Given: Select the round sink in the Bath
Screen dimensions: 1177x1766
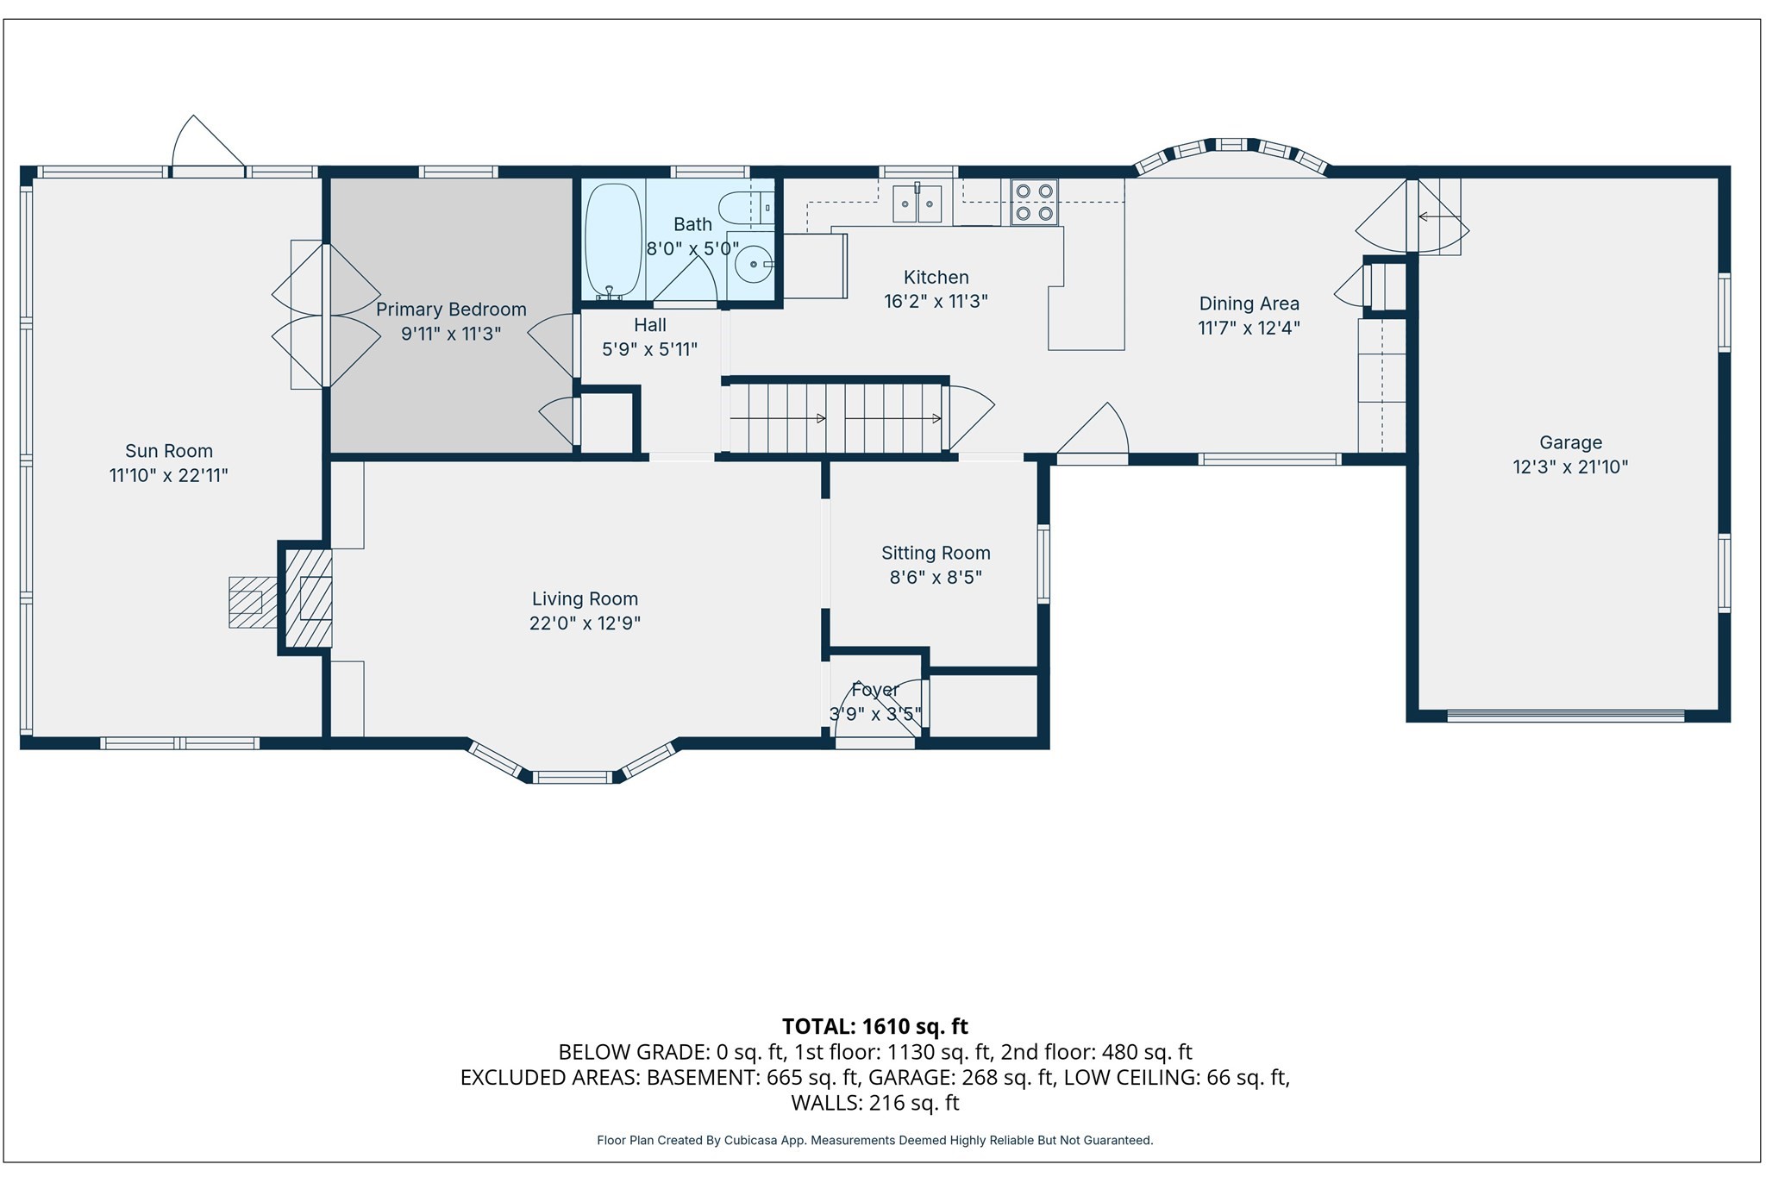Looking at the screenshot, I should click(753, 263).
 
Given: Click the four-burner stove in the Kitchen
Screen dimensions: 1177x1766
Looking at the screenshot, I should click(1034, 203).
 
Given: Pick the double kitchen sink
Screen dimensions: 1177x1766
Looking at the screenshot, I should click(917, 204).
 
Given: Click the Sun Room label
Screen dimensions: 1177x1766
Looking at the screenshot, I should click(169, 451).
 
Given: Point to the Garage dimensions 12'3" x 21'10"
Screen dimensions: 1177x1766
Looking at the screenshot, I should click(1570, 467).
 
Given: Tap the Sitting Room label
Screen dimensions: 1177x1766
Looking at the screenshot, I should click(936, 553).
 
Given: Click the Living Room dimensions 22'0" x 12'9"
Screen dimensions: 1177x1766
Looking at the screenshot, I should click(585, 623).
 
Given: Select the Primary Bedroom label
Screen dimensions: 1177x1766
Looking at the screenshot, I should click(451, 310).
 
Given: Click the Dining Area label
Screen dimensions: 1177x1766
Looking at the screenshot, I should click(1249, 304).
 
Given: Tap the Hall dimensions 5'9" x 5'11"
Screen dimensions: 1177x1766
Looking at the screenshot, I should click(649, 349).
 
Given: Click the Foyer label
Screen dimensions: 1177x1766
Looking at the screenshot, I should click(874, 690).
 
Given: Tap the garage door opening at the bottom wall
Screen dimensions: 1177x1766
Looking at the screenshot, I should click(1565, 716).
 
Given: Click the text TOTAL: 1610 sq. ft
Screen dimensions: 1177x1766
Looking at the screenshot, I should click(874, 1026).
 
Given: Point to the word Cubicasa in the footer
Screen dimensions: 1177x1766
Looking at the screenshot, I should click(747, 1140).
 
